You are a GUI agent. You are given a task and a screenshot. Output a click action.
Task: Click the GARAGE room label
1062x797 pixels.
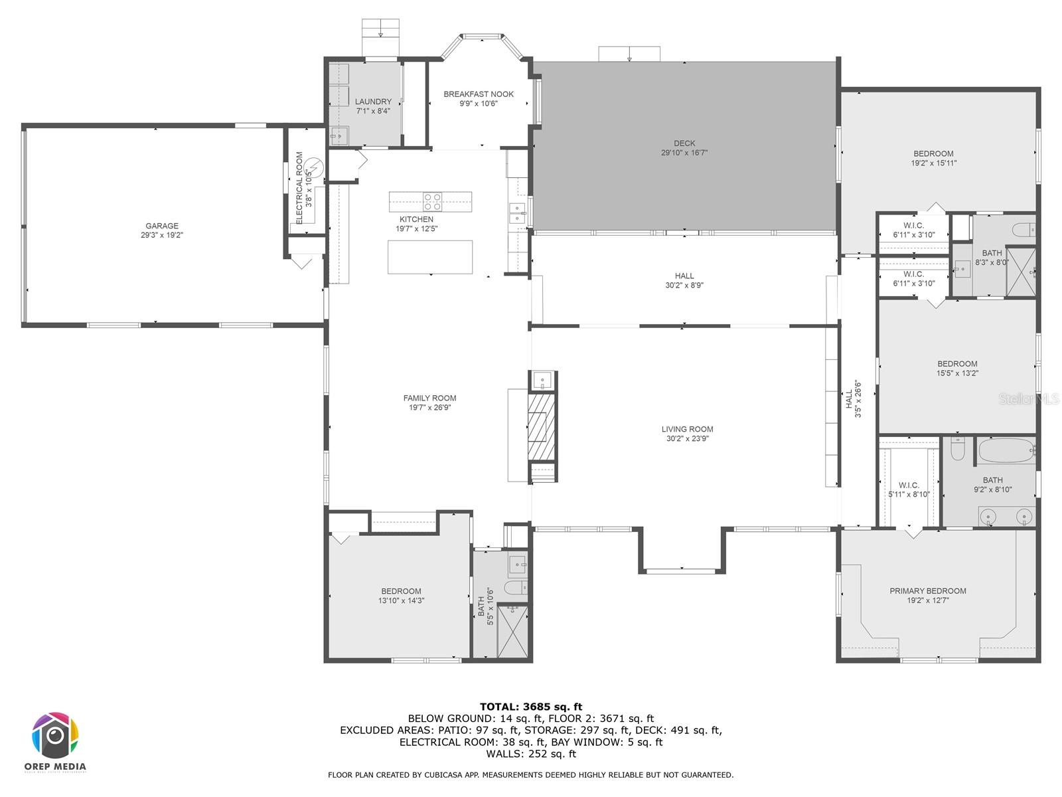[x=161, y=226]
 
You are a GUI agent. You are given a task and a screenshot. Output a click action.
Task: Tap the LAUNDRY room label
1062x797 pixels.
[x=373, y=102]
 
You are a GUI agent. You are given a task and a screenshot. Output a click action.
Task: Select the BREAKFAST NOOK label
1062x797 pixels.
[x=478, y=94]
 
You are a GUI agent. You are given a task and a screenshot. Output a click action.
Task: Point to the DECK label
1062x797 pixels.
[x=684, y=143]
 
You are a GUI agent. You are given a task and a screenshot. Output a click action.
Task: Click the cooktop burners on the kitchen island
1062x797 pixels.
[x=431, y=202]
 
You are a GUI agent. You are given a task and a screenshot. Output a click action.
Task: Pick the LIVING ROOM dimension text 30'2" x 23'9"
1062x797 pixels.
[x=687, y=438]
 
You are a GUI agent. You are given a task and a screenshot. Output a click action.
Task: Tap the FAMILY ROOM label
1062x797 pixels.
[x=429, y=398]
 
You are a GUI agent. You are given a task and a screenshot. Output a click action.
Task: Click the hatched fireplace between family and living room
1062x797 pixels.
[x=542, y=427]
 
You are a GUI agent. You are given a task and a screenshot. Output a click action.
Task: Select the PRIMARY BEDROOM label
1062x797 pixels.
[x=927, y=591]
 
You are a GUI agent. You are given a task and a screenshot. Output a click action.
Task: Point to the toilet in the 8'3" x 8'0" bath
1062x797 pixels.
[x=1022, y=229]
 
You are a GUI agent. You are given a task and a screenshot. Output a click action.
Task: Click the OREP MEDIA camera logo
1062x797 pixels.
[x=55, y=735]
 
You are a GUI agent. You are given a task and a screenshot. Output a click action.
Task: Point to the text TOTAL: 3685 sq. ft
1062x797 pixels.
[x=531, y=707]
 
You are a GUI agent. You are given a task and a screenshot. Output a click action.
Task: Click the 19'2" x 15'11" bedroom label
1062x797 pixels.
[x=933, y=163]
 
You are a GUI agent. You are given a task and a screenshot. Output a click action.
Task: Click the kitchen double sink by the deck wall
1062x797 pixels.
[x=517, y=213]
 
